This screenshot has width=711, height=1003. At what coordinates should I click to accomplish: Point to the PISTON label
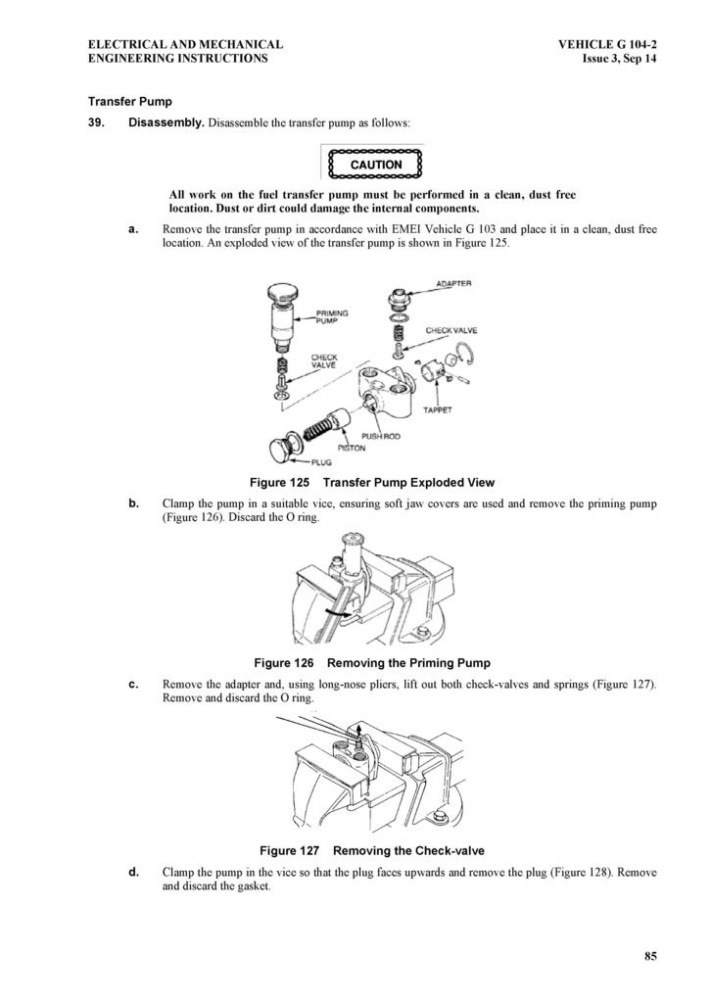pyautogui.click(x=352, y=448)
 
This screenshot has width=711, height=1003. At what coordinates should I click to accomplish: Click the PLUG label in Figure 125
pyautogui.click(x=322, y=460)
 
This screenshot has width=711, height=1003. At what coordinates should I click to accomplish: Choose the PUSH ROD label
pyautogui.click(x=382, y=435)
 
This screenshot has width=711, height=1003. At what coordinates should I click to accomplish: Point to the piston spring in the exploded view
pyautogui.click(x=318, y=428)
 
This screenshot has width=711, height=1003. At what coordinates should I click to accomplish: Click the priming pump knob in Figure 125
pyautogui.click(x=282, y=294)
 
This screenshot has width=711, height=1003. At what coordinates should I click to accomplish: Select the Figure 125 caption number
pyautogui.click(x=280, y=482)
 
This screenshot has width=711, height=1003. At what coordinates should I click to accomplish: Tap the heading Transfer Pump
pyautogui.click(x=129, y=101)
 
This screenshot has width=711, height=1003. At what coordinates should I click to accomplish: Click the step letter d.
pyautogui.click(x=133, y=871)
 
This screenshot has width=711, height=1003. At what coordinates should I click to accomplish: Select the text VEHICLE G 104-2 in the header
pyautogui.click(x=607, y=44)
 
